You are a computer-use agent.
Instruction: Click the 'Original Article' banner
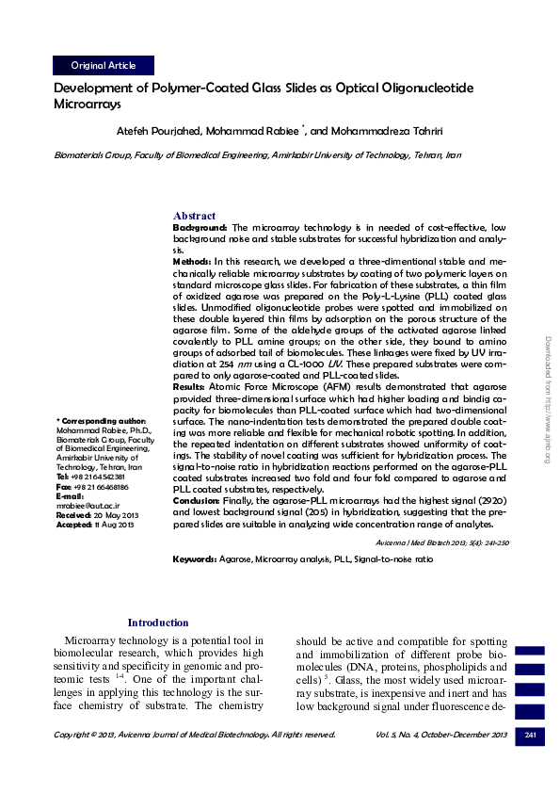pos(104,66)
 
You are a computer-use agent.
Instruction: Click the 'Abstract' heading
pos(194,216)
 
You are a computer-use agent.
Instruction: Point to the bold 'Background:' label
pos(200,228)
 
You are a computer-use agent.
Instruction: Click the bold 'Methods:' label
pos(192,258)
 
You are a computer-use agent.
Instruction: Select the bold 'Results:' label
pos(191,386)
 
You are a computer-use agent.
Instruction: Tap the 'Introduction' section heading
pos(158,623)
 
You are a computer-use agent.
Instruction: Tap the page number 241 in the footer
pos(530,734)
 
